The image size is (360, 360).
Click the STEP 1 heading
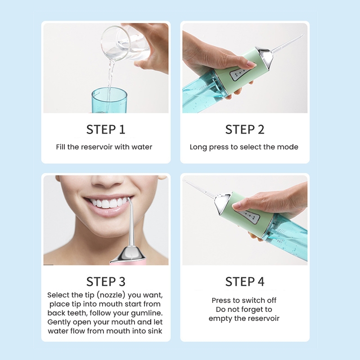pyautogui.click(x=106, y=129)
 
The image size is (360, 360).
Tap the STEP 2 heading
pyautogui.click(x=245, y=129)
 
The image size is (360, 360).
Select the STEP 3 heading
pyautogui.click(x=106, y=282)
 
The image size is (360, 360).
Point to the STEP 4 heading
pyautogui.click(x=245, y=282)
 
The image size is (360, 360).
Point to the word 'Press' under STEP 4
pyautogui.click(x=221, y=300)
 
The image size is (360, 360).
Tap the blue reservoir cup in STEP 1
pyautogui.click(x=109, y=100)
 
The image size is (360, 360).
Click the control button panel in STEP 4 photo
pyautogui.click(x=250, y=216)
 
